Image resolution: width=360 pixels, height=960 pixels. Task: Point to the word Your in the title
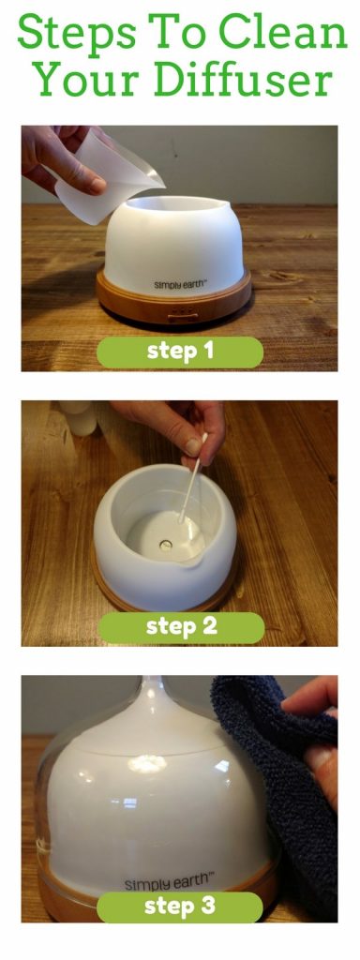(82, 80)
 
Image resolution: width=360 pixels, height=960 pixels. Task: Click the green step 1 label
(180, 352)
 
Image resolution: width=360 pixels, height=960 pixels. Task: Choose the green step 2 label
(180, 626)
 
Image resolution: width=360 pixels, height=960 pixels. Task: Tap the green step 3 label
(180, 906)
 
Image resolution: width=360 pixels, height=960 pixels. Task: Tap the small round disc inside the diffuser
(166, 543)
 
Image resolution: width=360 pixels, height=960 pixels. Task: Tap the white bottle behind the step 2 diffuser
(80, 417)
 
